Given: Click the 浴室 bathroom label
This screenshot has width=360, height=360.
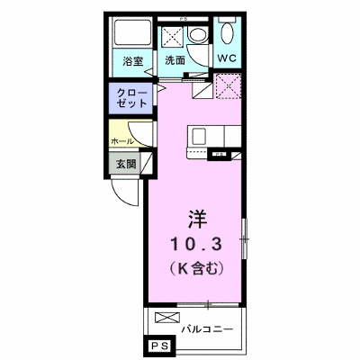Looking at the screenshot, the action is click(132, 61).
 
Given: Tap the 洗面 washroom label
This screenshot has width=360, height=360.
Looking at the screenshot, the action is click(175, 60).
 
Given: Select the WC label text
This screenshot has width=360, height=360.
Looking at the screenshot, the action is click(227, 58).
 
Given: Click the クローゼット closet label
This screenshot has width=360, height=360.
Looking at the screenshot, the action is click(131, 98).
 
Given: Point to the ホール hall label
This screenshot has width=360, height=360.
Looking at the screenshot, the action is click(122, 141).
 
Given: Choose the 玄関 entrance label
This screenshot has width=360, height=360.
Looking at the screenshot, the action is click(126, 164).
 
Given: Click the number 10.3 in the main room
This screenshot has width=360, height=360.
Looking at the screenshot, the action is click(196, 244).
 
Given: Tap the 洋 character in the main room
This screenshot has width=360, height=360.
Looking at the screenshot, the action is click(198, 220).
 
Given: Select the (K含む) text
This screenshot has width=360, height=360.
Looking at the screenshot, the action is click(196, 268).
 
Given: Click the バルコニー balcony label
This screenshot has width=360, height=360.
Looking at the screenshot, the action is click(207, 329).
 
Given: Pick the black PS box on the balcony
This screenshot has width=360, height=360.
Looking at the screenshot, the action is click(160, 346).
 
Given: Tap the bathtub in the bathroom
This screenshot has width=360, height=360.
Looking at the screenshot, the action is click(132, 32).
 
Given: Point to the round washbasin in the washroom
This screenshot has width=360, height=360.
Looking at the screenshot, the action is click(197, 34).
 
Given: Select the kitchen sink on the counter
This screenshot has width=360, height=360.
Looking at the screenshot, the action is click(199, 137).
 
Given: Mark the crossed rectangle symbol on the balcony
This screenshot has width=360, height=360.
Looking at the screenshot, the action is click(167, 318).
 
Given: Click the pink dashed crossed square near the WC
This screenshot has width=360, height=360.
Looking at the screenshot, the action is click(229, 85).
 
